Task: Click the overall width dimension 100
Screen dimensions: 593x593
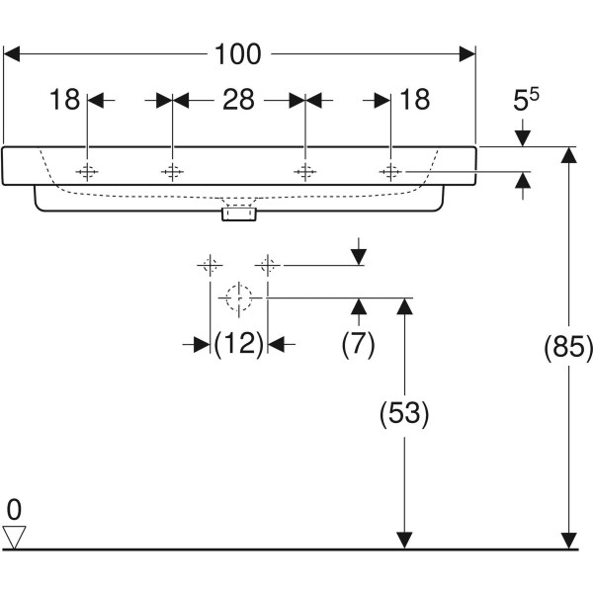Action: tap(238, 55)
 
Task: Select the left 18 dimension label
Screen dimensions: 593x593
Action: tap(66, 100)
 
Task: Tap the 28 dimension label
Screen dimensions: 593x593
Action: tap(238, 100)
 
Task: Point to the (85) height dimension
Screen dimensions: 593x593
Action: tap(570, 347)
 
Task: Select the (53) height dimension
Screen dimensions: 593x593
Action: tap(404, 414)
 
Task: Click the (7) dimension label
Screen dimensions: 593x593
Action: tap(357, 344)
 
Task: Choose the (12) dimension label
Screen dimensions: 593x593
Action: tap(238, 344)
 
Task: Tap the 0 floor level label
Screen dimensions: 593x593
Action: tap(14, 511)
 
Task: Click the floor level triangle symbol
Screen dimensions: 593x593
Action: tap(14, 537)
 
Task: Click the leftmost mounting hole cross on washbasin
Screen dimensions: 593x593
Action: tap(88, 172)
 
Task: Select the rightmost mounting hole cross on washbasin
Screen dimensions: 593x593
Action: tap(391, 172)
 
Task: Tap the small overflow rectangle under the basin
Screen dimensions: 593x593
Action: tap(238, 212)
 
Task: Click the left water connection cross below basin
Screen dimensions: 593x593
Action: tap(209, 265)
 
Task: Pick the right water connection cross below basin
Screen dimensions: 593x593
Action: tap(266, 265)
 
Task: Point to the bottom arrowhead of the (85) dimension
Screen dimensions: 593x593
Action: tap(568, 541)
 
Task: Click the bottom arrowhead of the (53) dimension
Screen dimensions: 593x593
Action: tap(403, 541)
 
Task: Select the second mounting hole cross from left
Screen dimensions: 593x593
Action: tap(173, 172)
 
